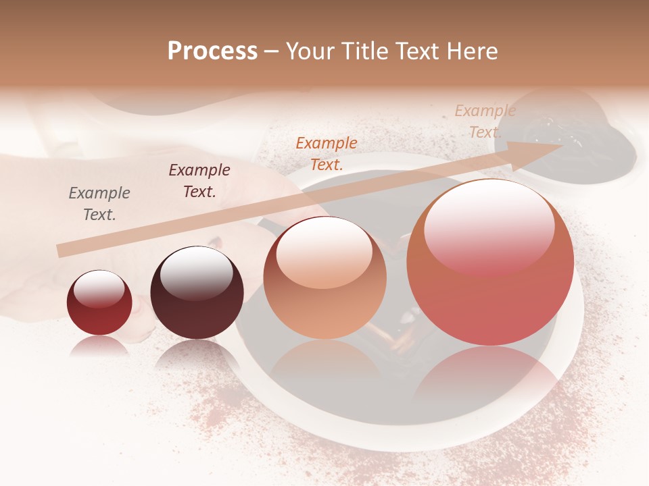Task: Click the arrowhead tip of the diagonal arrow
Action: click(561, 145)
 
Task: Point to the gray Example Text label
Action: click(99, 203)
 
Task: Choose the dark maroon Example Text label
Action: click(199, 180)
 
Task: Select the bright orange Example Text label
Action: click(327, 153)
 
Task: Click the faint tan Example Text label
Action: click(485, 122)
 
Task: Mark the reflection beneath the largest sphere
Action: click(490, 378)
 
